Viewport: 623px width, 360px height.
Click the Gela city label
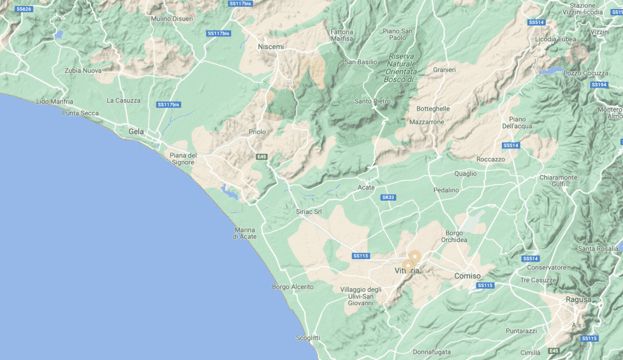136,131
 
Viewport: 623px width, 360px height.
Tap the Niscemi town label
271,47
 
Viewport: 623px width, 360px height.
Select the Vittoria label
407,271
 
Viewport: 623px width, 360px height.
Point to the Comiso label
467,276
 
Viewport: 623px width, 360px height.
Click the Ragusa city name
578,300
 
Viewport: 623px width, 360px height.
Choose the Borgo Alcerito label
293,286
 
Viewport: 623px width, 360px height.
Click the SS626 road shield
24,9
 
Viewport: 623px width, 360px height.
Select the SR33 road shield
388,198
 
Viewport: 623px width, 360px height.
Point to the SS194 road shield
599,85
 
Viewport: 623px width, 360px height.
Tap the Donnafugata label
431,352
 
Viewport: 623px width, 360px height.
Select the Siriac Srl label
308,212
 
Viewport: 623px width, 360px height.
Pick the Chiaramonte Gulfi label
558,181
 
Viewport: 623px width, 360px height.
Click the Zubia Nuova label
83,71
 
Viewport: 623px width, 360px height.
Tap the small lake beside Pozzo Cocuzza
551,71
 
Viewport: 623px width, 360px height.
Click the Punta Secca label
80,112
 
